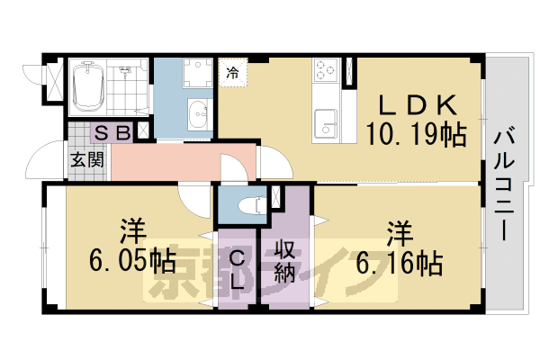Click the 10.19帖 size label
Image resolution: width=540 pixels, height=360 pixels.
click(415, 136)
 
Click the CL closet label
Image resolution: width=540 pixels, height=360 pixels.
click(237, 271)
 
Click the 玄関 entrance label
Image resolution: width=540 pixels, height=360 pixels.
click(87, 160)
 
